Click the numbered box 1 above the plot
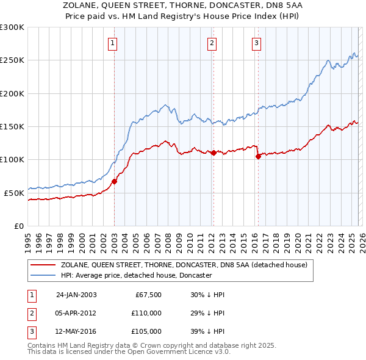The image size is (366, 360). coord(114,43)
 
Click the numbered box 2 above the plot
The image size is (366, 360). coord(211,43)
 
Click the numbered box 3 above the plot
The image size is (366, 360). coord(256,43)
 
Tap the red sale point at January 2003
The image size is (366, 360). coord(114,181)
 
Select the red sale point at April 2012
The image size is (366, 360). coord(213,153)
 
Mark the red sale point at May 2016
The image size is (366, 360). coord(258,156)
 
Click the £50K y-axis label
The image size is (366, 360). coord(14,193)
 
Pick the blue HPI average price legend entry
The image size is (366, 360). coord(135,275)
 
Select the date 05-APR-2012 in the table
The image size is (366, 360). coord(76,312)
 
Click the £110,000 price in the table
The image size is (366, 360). coord(146,312)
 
